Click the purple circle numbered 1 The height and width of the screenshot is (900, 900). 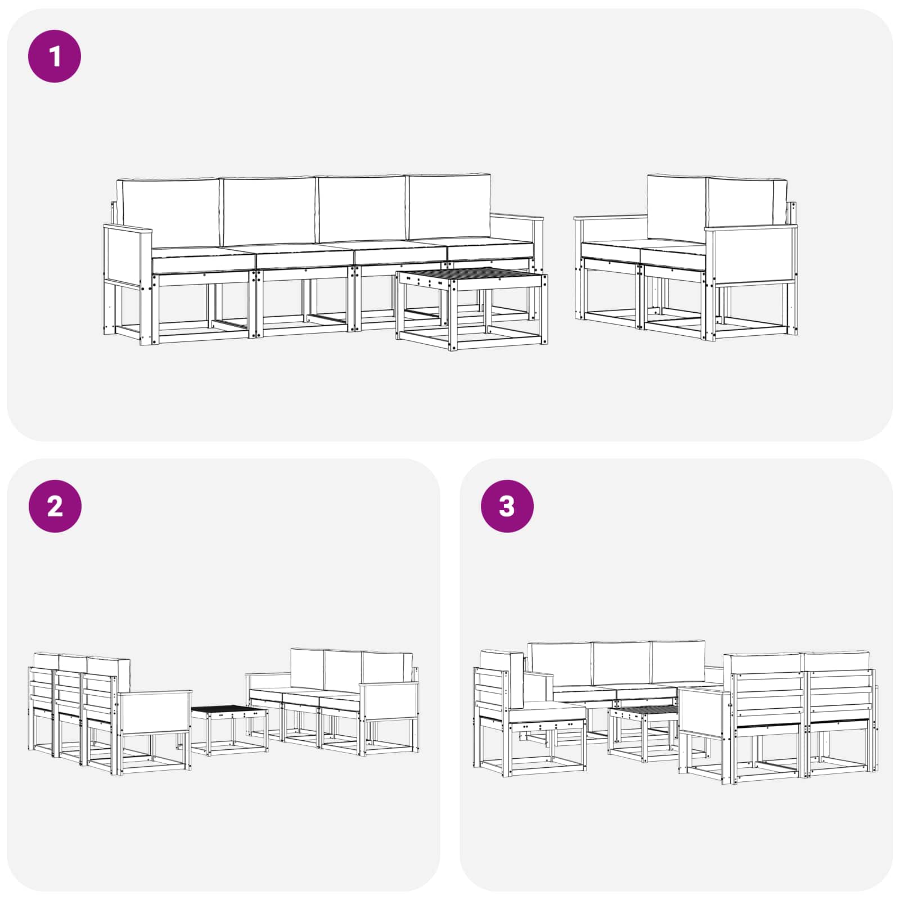tap(55, 56)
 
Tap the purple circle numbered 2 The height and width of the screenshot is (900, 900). tap(55, 506)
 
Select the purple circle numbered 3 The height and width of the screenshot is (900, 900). tap(507, 506)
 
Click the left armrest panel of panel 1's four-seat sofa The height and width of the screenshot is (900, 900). tap(127, 256)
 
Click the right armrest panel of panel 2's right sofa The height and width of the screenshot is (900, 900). tap(390, 701)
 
